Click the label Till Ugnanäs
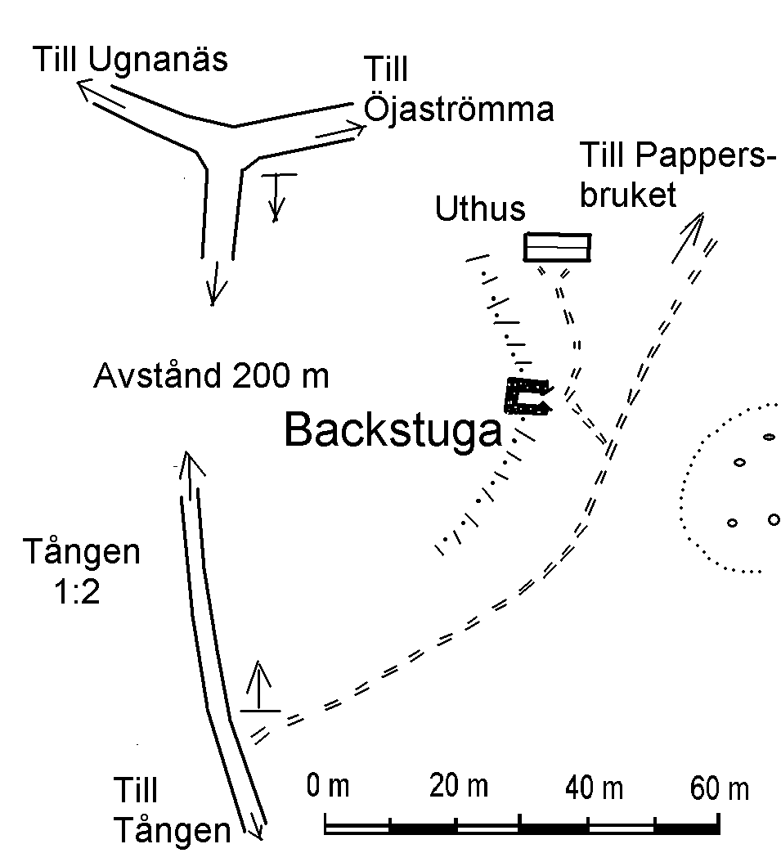(x=130, y=60)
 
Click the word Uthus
(x=480, y=209)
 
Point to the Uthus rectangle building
(x=557, y=247)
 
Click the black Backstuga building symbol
(x=527, y=396)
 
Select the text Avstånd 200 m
(x=212, y=376)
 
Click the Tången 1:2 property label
(x=81, y=571)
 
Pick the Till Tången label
(x=172, y=810)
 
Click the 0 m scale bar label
(x=328, y=786)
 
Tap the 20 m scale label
(x=459, y=786)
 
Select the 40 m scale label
(x=594, y=788)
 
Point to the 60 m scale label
(x=720, y=789)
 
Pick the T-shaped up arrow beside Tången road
(x=259, y=687)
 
